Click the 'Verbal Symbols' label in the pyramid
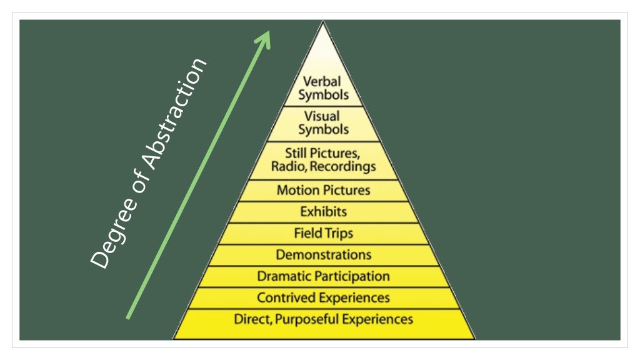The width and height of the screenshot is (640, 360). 323,88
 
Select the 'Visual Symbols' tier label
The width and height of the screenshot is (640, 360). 323,123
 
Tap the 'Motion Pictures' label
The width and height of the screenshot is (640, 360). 323,191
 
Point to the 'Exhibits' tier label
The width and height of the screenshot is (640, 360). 323,212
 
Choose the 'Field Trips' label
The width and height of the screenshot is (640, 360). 323,234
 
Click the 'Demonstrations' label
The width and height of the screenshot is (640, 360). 323,255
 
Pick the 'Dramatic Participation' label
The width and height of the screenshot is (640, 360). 323,276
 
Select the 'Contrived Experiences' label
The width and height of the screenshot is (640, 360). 323,297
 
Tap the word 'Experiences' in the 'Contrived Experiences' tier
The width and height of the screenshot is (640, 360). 354,297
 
